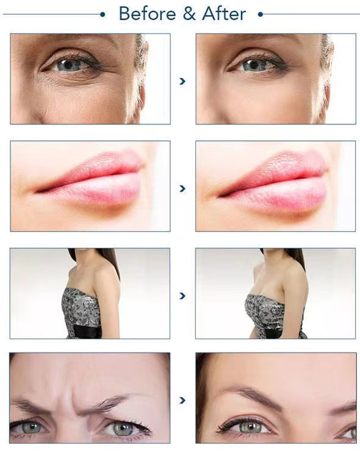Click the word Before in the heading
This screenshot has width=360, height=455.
[145, 13]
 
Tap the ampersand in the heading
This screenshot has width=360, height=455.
[184, 13]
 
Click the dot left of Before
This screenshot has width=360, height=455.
[103, 13]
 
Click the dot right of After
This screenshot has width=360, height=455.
[261, 13]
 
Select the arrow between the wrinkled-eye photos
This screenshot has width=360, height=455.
[182, 81]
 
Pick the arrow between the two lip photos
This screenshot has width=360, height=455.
[182, 188]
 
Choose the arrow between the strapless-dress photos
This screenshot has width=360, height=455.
[182, 296]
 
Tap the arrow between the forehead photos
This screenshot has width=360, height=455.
[182, 401]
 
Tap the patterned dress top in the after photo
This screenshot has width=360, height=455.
[265, 311]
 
